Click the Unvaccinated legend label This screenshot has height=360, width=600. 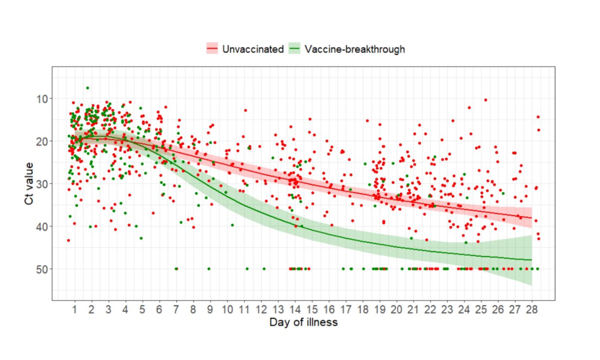tap(253, 49)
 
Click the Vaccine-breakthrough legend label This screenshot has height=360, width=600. tap(355, 49)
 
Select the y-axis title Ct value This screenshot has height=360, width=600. tap(30, 184)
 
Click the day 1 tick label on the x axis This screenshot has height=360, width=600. tap(75, 310)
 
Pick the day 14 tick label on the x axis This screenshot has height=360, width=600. tap(295, 310)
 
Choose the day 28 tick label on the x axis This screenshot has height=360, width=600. tap(531, 310)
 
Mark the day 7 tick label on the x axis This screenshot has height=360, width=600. tap(176, 310)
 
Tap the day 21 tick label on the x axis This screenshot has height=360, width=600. tap(413, 310)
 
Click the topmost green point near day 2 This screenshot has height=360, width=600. tap(87, 88)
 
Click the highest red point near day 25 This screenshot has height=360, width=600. tap(486, 100)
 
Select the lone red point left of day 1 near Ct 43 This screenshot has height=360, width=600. tap(68, 240)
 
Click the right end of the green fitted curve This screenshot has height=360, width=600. tap(531, 260)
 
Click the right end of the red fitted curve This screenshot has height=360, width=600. tap(531, 218)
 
